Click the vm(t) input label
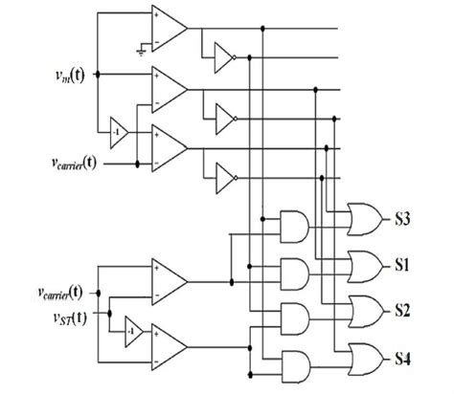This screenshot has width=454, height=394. pos(65,73)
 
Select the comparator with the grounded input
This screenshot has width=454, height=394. pos(169,28)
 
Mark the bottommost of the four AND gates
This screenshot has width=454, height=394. pos(293,361)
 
